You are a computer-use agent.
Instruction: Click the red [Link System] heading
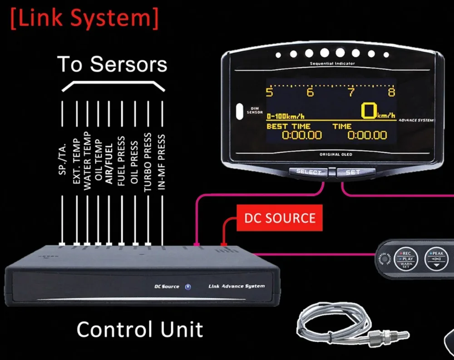84,19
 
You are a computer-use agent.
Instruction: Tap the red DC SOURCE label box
279,218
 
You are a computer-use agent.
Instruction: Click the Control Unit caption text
139,329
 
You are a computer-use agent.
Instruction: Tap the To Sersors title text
112,64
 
